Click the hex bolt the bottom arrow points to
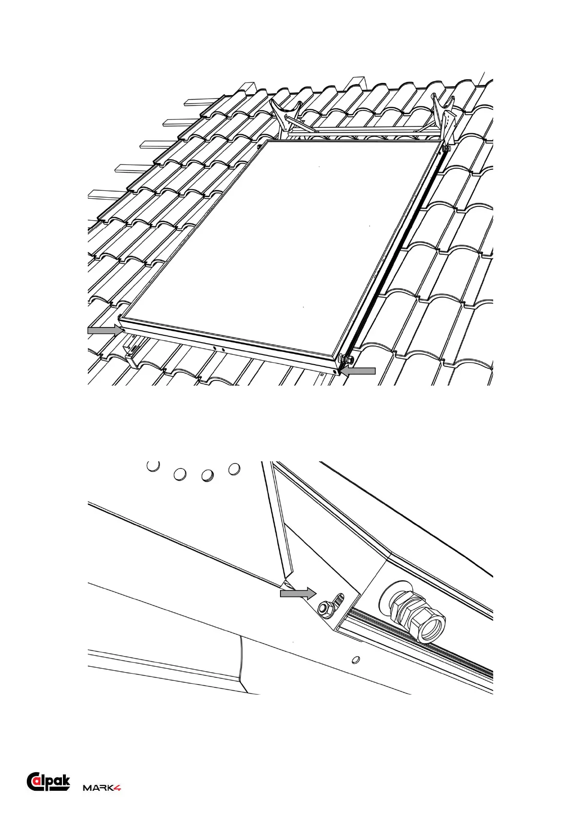point(323,608)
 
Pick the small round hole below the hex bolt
point(356,659)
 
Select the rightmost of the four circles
point(234,470)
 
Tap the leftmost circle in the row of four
point(153,466)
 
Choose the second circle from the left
point(180,474)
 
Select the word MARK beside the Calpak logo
point(98,788)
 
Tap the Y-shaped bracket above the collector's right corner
point(444,115)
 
